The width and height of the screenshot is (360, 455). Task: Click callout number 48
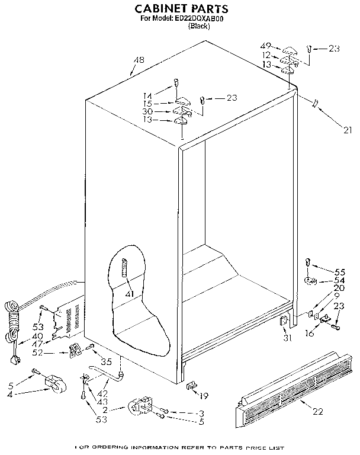click(139, 60)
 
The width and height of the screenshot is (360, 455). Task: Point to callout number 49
click(266, 46)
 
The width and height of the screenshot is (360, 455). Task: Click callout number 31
click(288, 338)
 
